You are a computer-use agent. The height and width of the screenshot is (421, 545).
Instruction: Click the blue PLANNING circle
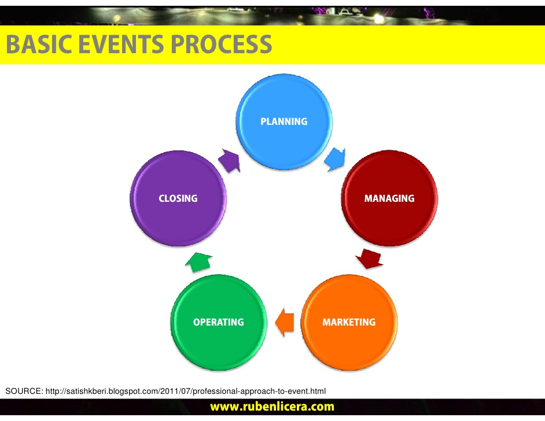pyautogui.click(x=284, y=121)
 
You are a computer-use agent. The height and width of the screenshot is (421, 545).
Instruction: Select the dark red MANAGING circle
pyautogui.click(x=389, y=198)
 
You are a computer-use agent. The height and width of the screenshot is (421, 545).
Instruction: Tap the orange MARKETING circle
pyautogui.click(x=349, y=322)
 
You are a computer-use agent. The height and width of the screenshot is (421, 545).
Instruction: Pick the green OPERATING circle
pyautogui.click(x=219, y=322)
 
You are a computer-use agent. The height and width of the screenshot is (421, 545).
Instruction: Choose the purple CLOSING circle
pyautogui.click(x=178, y=198)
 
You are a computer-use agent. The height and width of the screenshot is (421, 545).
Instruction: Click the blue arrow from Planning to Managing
pyautogui.click(x=335, y=159)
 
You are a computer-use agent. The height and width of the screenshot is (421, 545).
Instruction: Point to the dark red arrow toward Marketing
pyautogui.click(x=369, y=258)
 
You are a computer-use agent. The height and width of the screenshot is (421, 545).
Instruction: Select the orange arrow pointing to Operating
pyautogui.click(x=284, y=322)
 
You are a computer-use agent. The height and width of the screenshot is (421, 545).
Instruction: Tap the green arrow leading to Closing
pyautogui.click(x=199, y=262)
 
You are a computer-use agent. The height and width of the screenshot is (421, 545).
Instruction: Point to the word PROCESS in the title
pyautogui.click(x=222, y=45)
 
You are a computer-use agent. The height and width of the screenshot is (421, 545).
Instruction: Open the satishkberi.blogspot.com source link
pyautogui.click(x=186, y=391)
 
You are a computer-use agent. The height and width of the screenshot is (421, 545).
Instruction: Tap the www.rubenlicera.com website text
pyautogui.click(x=272, y=407)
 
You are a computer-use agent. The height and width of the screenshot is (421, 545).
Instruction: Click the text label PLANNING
pyautogui.click(x=284, y=121)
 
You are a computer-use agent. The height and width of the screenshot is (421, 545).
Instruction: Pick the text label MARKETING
pyautogui.click(x=349, y=322)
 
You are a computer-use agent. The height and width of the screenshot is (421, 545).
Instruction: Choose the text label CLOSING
pyautogui.click(x=178, y=198)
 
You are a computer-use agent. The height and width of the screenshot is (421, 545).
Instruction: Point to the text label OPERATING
pyautogui.click(x=219, y=322)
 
